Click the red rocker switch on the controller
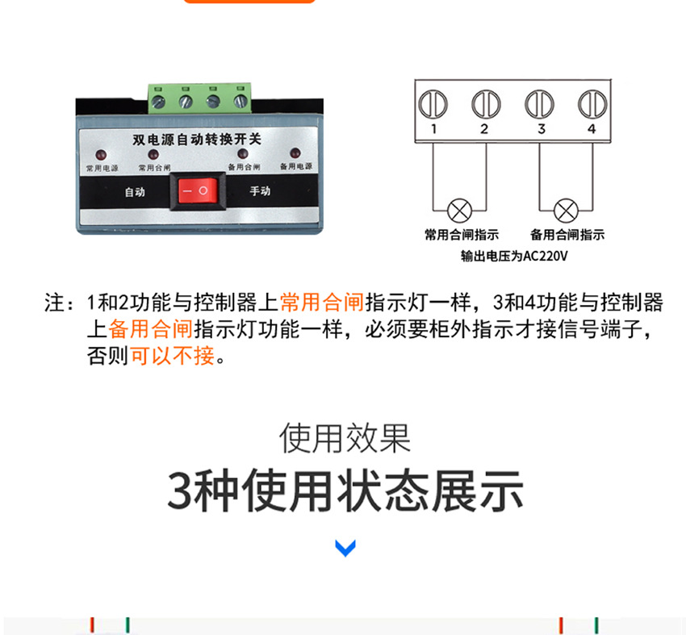point(195,191)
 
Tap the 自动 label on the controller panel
point(134,192)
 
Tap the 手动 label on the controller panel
point(259,191)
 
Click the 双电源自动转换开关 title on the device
point(197,139)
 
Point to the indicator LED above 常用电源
point(101,154)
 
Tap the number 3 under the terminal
point(541,129)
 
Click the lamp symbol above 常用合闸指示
point(460,211)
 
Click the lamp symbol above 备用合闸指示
point(566,211)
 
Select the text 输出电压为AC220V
point(514,257)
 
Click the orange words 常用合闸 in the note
point(322,303)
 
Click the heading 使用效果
point(345,438)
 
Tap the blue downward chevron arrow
point(345,549)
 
